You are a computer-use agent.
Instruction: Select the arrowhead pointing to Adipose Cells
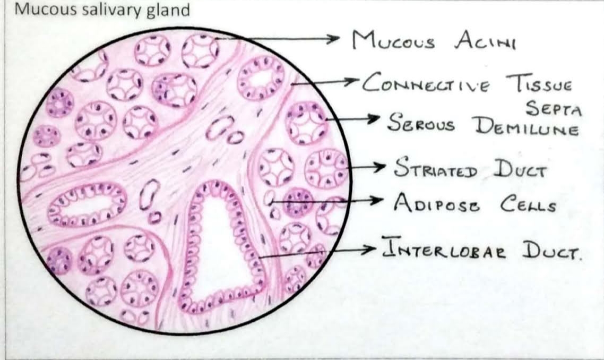377,201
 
